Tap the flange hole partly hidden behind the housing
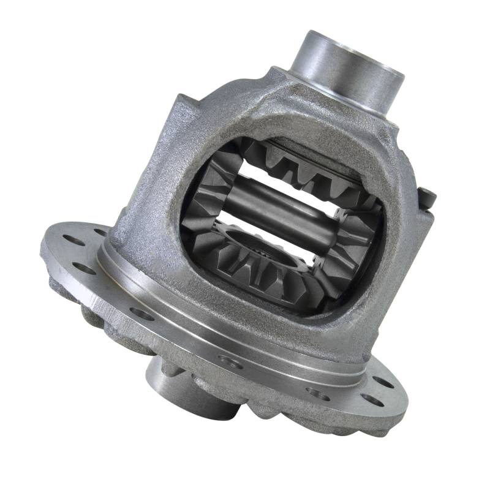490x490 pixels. pyautogui.click(x=101, y=233)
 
